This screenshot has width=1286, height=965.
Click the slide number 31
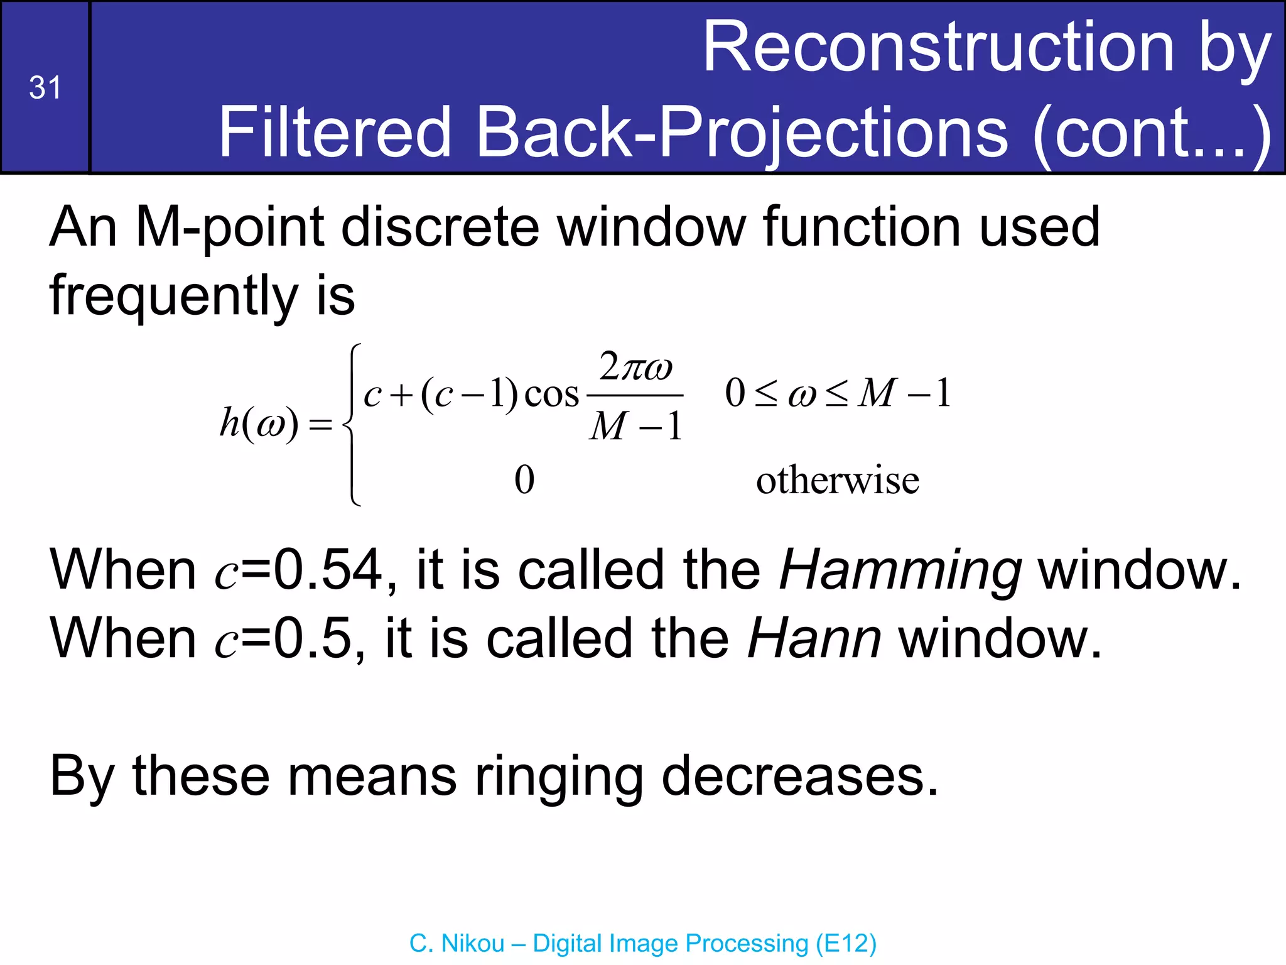coord(45,87)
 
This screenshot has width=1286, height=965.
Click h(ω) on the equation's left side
coord(259,423)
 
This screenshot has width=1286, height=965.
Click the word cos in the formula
coord(551,395)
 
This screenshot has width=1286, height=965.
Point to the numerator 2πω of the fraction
coord(635,367)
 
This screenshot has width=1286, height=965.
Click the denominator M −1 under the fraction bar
coord(635,427)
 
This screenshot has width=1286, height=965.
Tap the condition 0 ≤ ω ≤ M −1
coord(838,394)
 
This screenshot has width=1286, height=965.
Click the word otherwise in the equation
coord(838,481)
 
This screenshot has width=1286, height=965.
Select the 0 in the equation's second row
coord(524,481)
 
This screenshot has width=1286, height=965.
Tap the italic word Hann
coord(814,638)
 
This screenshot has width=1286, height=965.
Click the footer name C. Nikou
coord(457,944)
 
